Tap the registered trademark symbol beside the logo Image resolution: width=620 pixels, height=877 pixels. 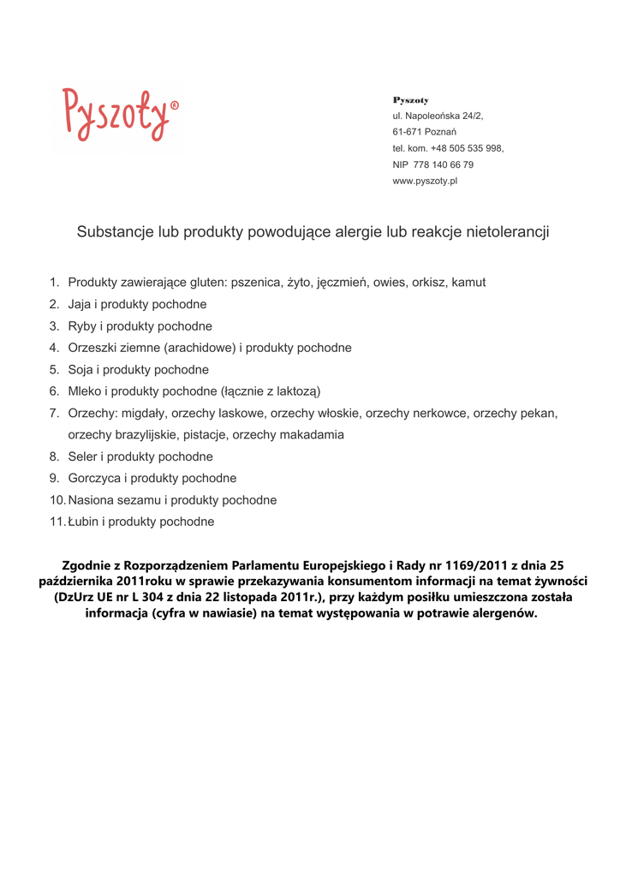coord(175,106)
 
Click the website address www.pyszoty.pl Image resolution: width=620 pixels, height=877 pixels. coord(425,181)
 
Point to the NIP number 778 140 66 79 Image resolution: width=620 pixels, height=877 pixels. coord(444,164)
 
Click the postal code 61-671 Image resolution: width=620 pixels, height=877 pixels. coord(407,132)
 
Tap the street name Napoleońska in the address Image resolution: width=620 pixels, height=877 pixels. coord(433,116)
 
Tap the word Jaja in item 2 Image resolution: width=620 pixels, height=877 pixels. coord(80,304)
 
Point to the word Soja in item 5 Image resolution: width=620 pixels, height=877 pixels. coord(81,370)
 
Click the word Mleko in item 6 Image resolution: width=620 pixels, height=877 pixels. coord(86,391)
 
